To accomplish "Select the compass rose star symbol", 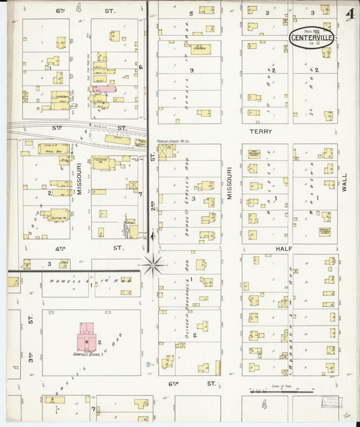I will [x=154, y=263].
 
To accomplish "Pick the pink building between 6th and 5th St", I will [x=104, y=89].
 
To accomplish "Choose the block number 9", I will [x=192, y=70].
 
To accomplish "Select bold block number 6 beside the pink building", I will [x=140, y=67].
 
